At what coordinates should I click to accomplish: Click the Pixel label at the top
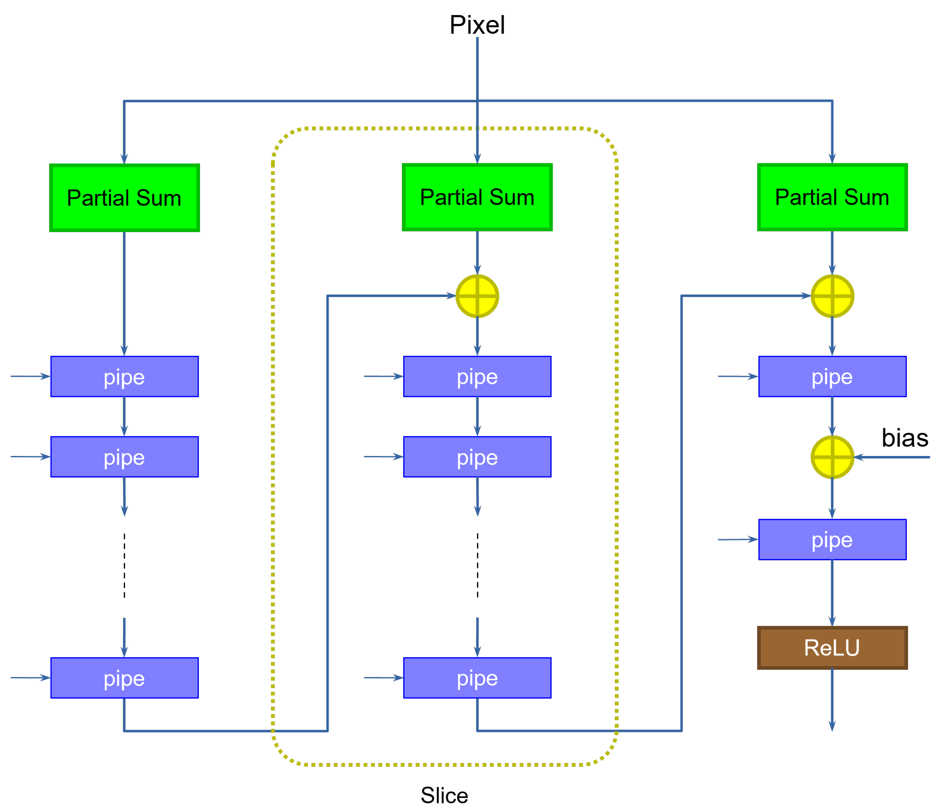click(477, 25)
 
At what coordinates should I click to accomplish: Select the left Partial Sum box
click(124, 198)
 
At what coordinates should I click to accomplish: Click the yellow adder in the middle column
click(477, 296)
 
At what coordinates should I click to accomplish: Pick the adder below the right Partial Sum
click(832, 296)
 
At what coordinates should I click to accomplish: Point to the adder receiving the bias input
click(832, 457)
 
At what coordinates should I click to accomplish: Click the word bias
click(905, 438)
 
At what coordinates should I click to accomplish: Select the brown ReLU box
click(832, 647)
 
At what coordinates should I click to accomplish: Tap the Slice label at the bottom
click(444, 795)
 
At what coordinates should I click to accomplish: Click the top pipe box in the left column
click(124, 376)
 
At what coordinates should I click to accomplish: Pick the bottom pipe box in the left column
click(124, 678)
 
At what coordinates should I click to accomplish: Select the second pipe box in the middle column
click(477, 457)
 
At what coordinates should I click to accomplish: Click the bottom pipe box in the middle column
click(477, 678)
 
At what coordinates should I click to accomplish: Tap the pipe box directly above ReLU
click(832, 539)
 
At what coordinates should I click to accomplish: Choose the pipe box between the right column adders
click(832, 376)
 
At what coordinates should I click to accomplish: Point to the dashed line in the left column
click(124, 565)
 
